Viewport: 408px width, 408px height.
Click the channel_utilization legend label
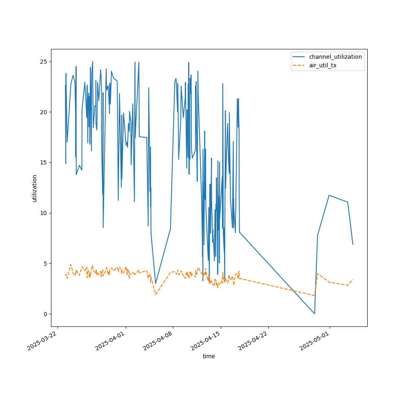[x=335, y=57]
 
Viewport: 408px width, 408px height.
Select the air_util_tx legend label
[x=323, y=65]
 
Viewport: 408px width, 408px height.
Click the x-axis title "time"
[x=209, y=356]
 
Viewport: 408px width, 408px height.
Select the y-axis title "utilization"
[x=35, y=188]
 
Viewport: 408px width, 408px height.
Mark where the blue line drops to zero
[x=314, y=313]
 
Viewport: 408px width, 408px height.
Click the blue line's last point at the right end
[x=353, y=244]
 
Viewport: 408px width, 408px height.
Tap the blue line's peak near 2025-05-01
[x=329, y=195]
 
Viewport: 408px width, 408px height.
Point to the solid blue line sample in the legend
[x=299, y=57]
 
